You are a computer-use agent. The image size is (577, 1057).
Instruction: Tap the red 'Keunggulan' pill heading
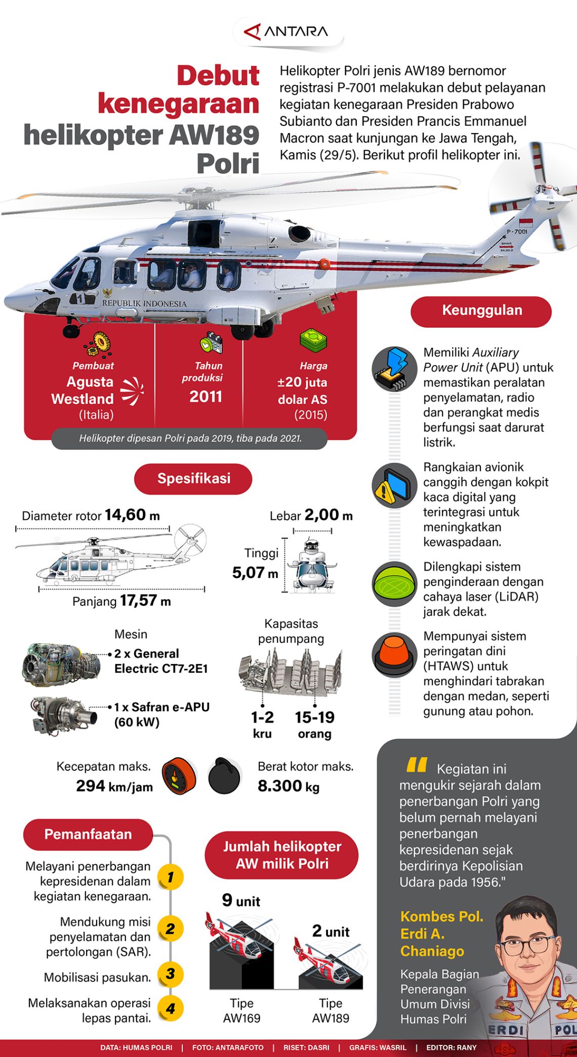481,311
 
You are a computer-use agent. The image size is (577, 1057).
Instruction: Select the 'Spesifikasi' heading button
193,478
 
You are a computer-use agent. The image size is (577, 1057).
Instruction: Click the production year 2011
205,397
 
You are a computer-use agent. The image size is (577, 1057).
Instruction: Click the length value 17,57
138,600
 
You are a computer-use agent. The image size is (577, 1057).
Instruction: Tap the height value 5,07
249,572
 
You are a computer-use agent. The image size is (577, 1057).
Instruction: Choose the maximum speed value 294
91,786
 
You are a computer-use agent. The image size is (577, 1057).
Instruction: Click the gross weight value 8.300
280,786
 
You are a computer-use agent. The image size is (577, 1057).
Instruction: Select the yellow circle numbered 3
170,974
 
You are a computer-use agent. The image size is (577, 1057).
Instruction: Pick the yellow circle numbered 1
170,876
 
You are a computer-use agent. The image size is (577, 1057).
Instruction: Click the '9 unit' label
241,901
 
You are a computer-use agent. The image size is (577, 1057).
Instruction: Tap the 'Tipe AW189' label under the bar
331,1010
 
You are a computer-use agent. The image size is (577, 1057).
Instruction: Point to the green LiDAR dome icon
394,584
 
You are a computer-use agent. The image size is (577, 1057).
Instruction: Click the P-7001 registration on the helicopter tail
517,232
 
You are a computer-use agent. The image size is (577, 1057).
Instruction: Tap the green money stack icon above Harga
313,340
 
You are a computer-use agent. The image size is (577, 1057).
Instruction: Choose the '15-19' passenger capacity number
315,717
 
